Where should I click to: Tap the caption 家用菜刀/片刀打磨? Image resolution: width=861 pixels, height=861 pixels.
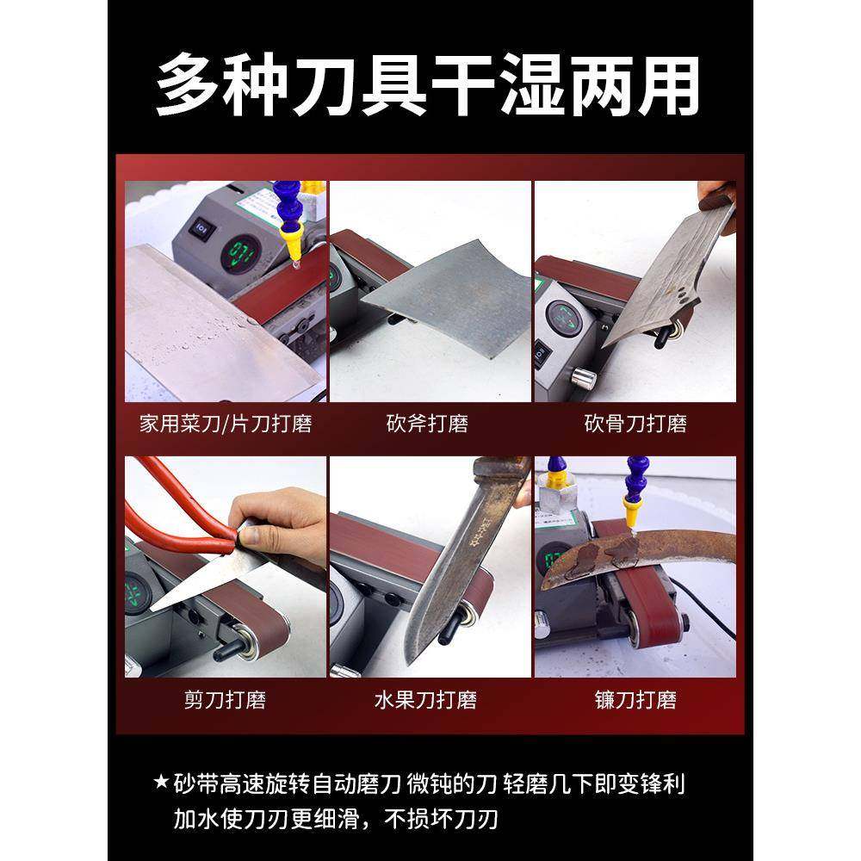[x=225, y=424]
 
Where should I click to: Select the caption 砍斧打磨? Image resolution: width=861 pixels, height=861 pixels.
[x=427, y=424]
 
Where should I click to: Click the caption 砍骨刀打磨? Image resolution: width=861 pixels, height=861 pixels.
[x=635, y=424]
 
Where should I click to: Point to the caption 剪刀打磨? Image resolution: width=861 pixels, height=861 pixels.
[x=225, y=699]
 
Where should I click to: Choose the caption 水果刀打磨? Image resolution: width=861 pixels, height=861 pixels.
[x=427, y=699]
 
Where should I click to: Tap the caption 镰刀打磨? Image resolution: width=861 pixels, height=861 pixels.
[x=635, y=699]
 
